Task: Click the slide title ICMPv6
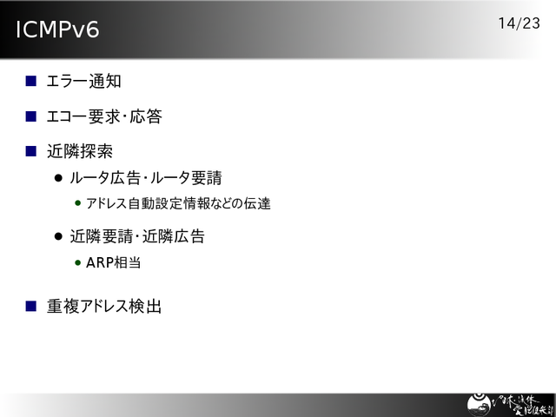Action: point(57,30)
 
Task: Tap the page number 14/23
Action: point(520,23)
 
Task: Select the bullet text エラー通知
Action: point(83,82)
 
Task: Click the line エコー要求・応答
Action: point(104,116)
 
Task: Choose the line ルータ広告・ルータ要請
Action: point(146,178)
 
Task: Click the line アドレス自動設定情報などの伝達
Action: point(178,204)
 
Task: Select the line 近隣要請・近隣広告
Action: point(137,235)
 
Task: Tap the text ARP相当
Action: point(113,261)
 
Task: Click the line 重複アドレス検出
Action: point(104,306)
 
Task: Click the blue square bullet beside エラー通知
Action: point(30,82)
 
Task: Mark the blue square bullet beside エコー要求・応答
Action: point(30,116)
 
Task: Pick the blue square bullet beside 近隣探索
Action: point(30,150)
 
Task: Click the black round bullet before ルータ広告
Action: point(59,178)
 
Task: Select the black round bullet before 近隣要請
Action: point(59,235)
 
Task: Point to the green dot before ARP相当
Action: point(78,261)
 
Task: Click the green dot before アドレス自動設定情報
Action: point(78,204)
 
